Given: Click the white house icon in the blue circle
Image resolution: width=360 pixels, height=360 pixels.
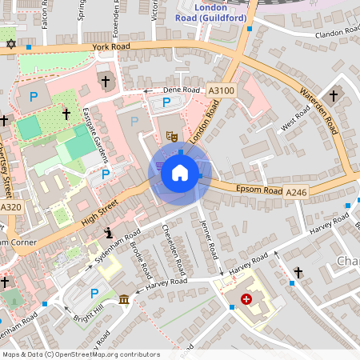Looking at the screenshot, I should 180,173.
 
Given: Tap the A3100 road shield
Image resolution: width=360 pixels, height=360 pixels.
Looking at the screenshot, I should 221,91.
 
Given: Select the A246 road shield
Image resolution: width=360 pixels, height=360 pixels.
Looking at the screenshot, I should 296,192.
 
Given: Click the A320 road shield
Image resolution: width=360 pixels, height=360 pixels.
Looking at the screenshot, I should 10,207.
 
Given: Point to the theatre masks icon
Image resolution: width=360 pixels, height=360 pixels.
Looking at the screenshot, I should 171,137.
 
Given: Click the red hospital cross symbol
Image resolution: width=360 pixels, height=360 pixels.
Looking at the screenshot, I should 246,299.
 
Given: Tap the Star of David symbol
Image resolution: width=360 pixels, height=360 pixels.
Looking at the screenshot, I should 10,43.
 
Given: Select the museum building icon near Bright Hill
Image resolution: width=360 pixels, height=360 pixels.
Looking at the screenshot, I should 124,299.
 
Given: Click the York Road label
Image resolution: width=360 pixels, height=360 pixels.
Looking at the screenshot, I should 110,47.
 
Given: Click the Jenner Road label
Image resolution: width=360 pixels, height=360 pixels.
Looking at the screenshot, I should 210,239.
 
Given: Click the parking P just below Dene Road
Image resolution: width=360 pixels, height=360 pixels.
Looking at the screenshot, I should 166,102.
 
